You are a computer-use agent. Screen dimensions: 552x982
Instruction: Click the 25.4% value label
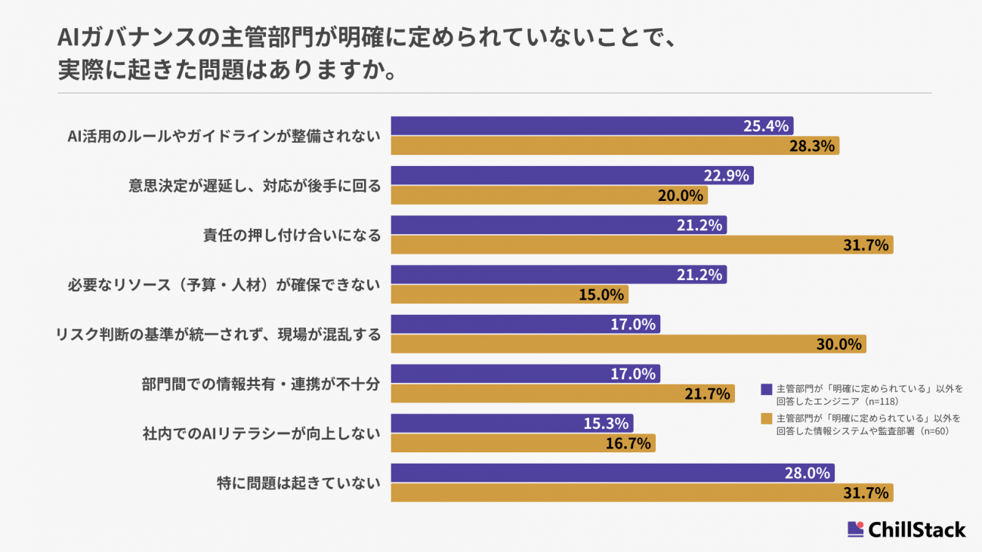766,126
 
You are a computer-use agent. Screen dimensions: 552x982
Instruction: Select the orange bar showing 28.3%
615,146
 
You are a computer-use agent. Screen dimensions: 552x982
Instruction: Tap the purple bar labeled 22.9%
572,176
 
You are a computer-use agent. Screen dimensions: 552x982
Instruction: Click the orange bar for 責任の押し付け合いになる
641,245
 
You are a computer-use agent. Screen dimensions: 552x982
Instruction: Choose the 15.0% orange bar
509,295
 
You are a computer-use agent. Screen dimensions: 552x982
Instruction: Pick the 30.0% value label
838,344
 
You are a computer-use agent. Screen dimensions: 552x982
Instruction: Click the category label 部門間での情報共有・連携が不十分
261,384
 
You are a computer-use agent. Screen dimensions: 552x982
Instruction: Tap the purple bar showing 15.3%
511,424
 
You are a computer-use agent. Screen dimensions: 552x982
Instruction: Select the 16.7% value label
628,443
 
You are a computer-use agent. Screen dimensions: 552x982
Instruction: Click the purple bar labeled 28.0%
613,473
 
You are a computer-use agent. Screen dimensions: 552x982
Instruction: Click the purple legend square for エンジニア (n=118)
767,389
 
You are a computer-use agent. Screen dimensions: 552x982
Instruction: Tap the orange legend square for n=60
767,418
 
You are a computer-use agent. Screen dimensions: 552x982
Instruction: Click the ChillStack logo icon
855,529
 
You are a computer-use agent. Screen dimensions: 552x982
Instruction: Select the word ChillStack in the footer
917,529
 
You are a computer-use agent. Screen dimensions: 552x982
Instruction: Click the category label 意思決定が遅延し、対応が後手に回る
255,186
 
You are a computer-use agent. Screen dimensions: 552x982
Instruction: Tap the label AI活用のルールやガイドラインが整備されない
224,136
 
